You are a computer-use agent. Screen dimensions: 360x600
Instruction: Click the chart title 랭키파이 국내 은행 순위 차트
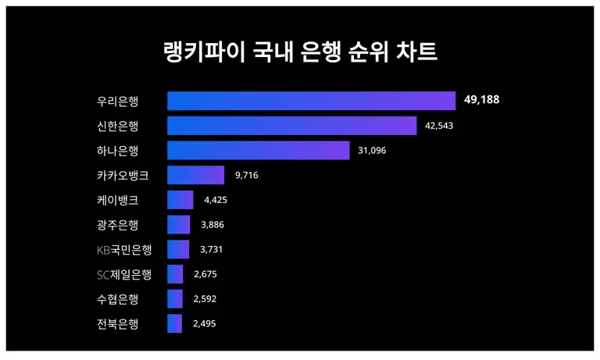(x=300, y=52)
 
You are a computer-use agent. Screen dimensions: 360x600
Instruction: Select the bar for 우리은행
(x=311, y=101)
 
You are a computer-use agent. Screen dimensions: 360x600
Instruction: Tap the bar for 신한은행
(x=291, y=126)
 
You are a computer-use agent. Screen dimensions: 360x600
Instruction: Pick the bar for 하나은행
(x=258, y=151)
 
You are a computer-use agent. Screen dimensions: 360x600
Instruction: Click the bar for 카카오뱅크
(x=195, y=175)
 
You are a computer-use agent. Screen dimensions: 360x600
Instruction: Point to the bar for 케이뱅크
(x=180, y=200)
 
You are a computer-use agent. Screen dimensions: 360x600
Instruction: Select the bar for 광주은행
(x=178, y=225)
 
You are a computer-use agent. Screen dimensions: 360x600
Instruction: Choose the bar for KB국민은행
(x=178, y=249)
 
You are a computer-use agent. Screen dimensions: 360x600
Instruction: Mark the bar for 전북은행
(x=174, y=324)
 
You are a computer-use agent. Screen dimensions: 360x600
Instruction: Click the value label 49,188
(x=481, y=101)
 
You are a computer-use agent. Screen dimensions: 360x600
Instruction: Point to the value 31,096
(x=373, y=151)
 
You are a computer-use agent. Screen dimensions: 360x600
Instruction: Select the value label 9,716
(x=246, y=175)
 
